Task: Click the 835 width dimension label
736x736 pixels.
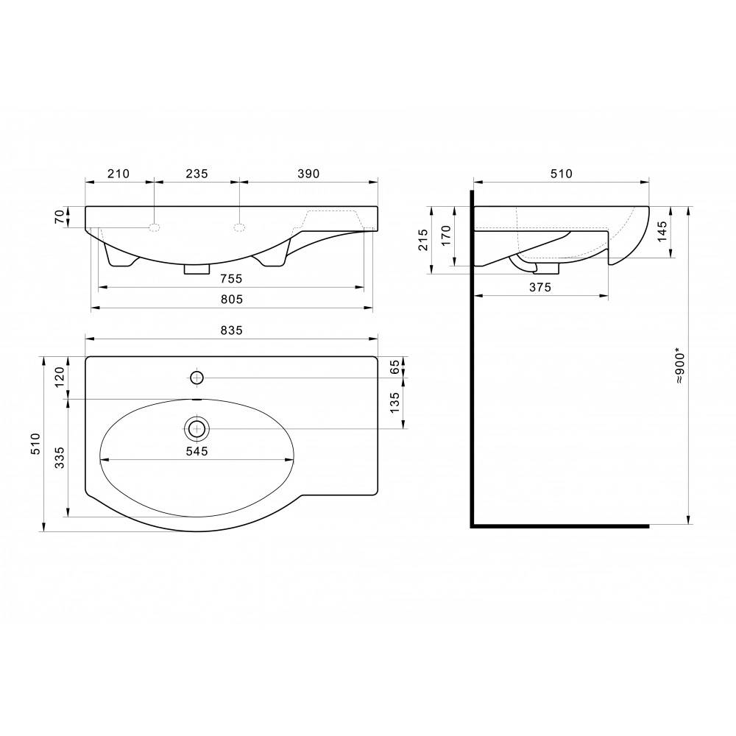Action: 231,330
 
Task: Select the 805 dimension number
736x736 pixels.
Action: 232,299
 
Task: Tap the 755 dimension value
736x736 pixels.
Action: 231,279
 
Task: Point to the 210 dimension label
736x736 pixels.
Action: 118,174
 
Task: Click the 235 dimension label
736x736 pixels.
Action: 197,174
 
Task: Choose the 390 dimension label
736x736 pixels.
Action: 308,174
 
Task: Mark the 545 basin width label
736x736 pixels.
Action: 197,451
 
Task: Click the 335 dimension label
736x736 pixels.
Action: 60,457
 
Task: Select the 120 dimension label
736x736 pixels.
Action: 60,377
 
